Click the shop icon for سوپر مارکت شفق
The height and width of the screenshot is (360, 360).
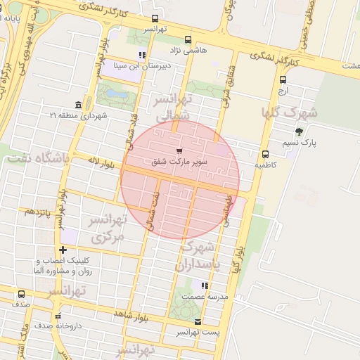point(179,150)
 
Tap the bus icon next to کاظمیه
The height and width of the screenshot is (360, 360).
point(265,154)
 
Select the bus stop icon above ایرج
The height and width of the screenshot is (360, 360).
point(283,79)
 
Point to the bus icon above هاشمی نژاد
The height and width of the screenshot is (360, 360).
point(187,40)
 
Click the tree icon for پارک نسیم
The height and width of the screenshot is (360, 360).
point(299,131)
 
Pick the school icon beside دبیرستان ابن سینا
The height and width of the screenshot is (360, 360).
point(142,55)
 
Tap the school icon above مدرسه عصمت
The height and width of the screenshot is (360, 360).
point(205,285)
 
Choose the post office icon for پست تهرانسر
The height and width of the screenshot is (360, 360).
point(198,321)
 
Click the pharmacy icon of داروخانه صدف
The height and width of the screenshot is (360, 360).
point(58,316)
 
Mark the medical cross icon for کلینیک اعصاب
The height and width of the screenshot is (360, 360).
point(63,250)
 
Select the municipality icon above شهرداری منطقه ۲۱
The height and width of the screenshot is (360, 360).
point(78,104)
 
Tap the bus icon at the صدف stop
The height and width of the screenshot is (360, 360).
point(21,294)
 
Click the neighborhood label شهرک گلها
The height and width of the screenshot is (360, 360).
point(289,112)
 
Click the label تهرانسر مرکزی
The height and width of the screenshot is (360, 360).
point(108,229)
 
